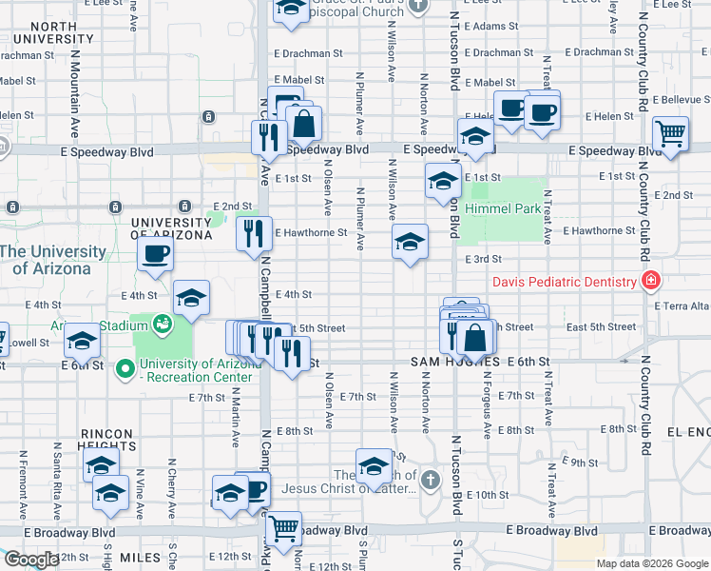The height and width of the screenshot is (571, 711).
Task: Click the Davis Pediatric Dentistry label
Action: coord(564,282)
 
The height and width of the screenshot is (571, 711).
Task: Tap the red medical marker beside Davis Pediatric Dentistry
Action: coord(650,281)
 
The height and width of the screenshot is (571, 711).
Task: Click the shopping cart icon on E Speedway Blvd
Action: coord(670,134)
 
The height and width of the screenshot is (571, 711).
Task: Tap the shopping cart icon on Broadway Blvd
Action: coord(282,527)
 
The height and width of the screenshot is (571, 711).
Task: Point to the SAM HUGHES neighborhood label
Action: coord(455,363)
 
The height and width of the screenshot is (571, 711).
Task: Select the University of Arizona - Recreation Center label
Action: coord(195,370)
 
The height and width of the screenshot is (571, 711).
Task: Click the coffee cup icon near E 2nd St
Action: coord(155,254)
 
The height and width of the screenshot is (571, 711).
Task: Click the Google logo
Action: coord(30,560)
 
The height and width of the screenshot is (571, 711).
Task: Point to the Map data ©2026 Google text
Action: coord(652,563)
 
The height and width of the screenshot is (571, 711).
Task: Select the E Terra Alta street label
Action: coord(682,305)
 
